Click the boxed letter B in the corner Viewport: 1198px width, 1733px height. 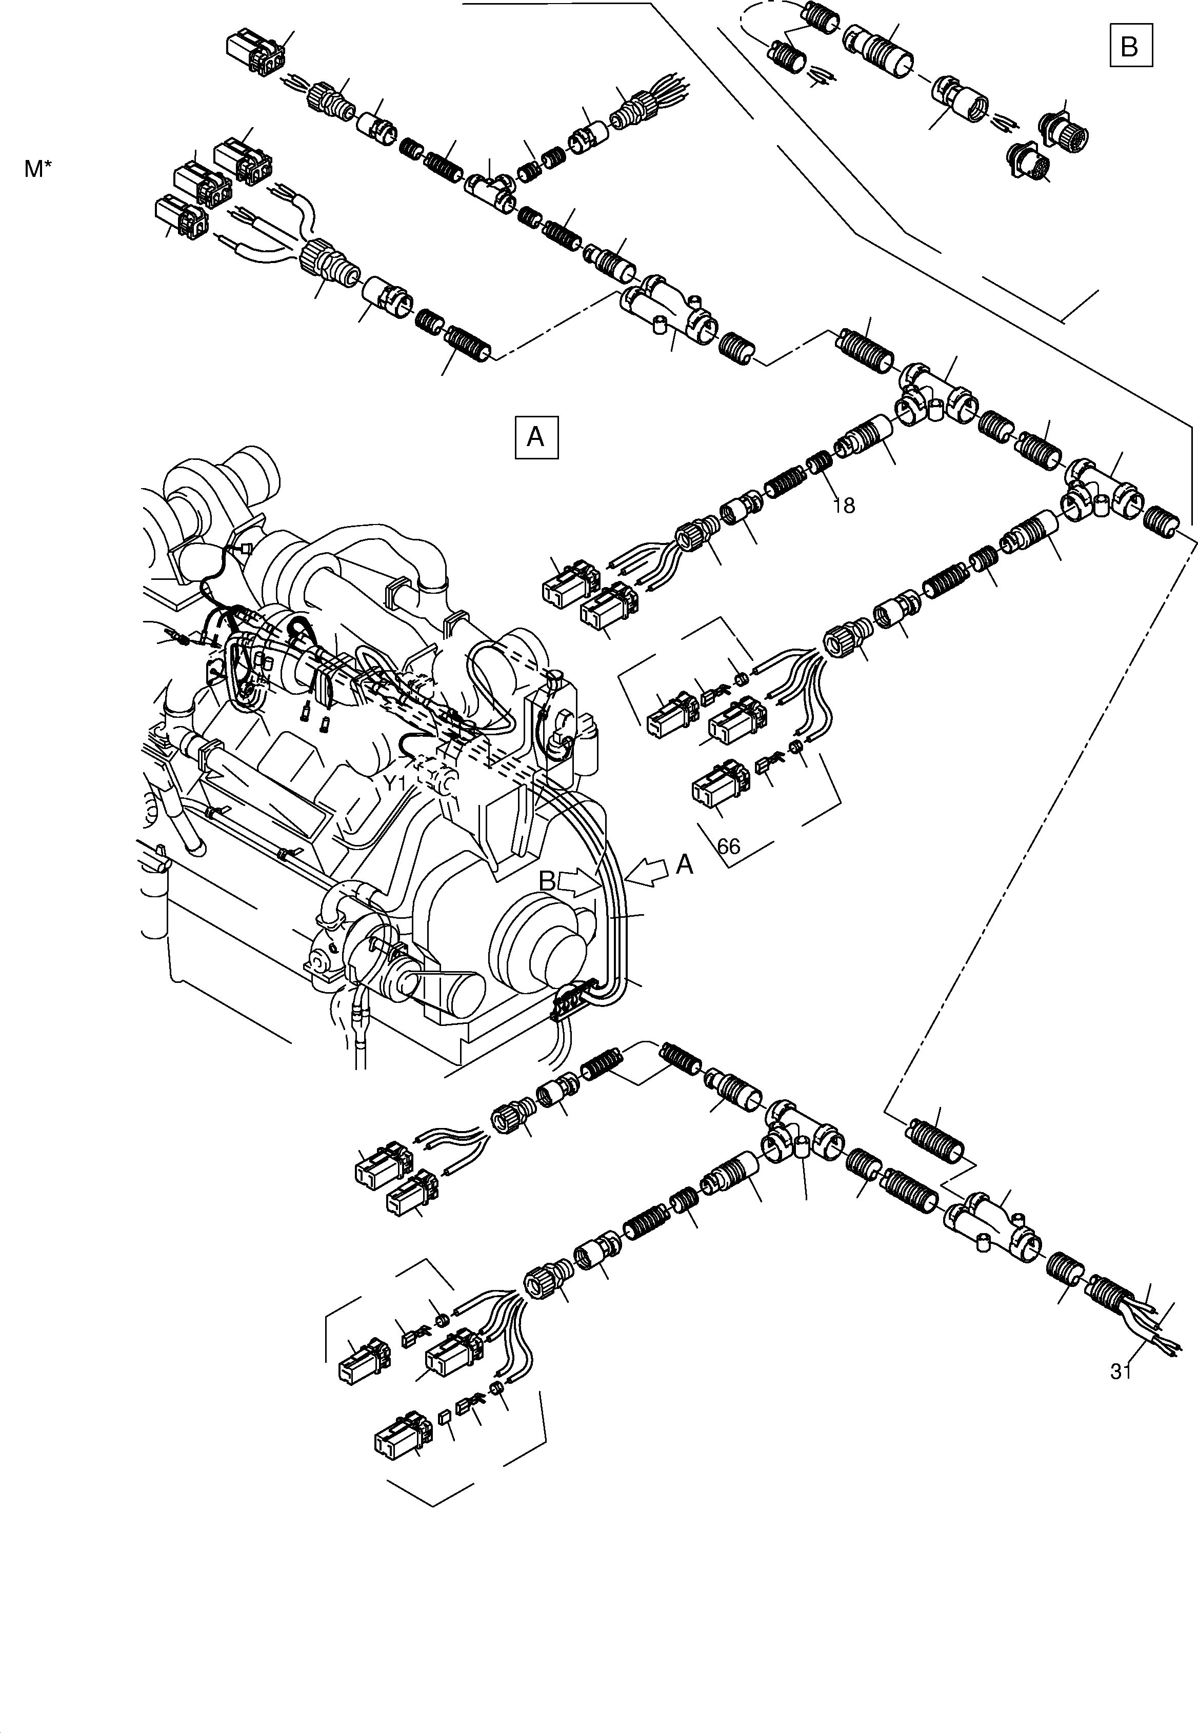point(1130,47)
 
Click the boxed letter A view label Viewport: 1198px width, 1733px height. point(536,436)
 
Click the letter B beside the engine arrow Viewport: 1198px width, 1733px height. point(548,881)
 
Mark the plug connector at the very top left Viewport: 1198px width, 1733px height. point(255,51)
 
